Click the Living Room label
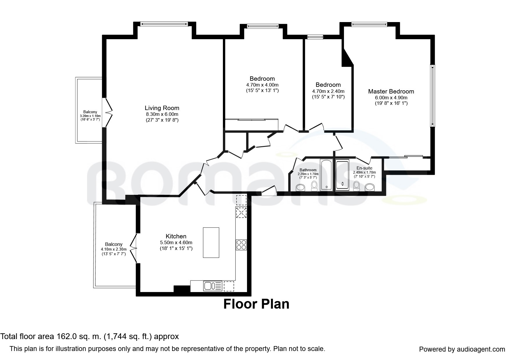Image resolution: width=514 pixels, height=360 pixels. (x=162, y=108)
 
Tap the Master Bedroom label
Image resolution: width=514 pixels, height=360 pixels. (x=391, y=91)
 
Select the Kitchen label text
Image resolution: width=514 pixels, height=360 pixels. (x=176, y=236)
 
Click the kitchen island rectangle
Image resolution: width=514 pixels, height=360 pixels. (x=211, y=242)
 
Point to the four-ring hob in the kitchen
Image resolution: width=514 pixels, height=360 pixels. (x=241, y=245)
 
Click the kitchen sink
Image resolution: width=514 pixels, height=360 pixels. (x=213, y=286)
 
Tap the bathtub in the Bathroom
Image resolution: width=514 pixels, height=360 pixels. (x=327, y=175)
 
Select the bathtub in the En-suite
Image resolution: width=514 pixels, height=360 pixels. (x=342, y=175)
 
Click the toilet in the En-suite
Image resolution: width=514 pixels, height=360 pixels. (x=356, y=186)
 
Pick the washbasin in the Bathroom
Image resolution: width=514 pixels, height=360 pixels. (x=300, y=188)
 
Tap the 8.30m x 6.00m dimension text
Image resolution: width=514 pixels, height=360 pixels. (x=162, y=114)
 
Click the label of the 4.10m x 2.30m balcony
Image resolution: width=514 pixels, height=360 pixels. (x=114, y=244)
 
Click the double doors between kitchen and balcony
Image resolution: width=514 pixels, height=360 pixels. (x=133, y=248)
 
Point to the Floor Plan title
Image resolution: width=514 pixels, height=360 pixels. (x=256, y=304)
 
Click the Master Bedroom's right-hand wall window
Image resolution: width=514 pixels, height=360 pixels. (x=432, y=96)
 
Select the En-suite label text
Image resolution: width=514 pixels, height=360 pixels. (x=364, y=168)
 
